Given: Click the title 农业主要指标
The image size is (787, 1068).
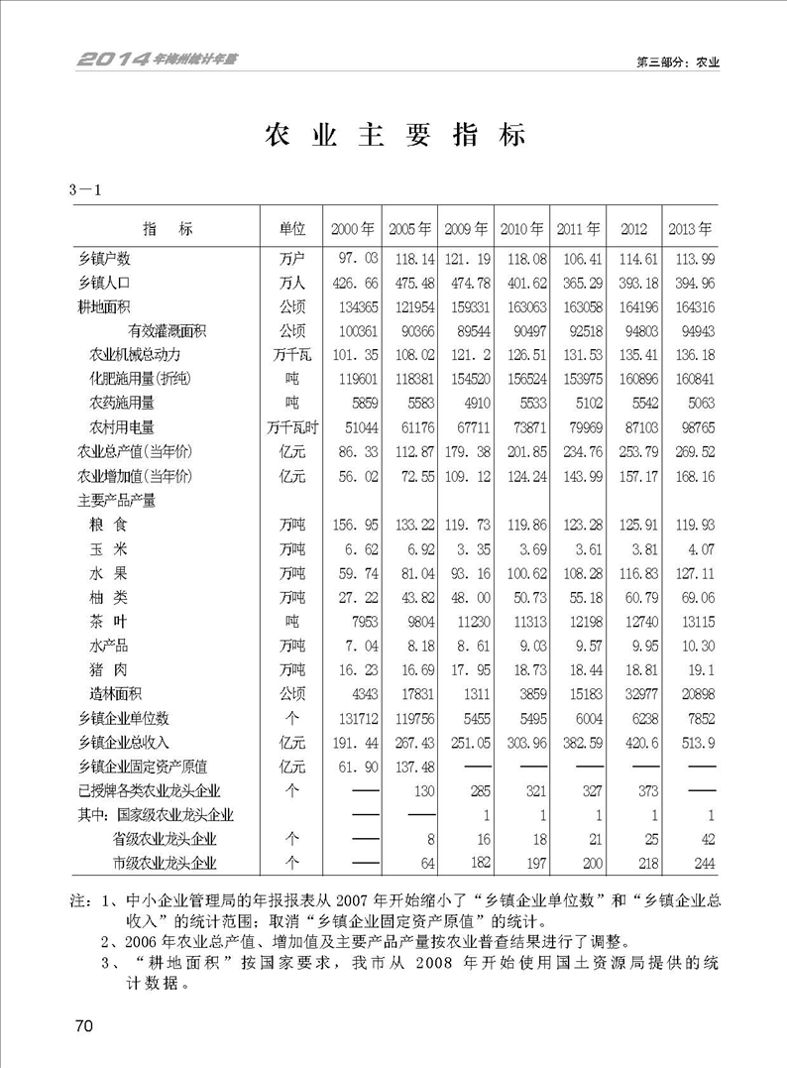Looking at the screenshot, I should tap(393, 136).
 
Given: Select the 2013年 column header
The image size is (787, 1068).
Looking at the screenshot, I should tap(690, 229).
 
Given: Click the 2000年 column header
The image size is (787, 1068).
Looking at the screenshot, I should tap(353, 229).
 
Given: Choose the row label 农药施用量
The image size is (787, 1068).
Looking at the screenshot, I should tap(122, 403).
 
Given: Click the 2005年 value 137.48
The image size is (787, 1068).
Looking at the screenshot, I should tap(412, 766).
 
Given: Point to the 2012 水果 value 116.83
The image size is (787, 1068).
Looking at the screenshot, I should tap(634, 572).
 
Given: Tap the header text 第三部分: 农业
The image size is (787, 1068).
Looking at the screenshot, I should tap(677, 61).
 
